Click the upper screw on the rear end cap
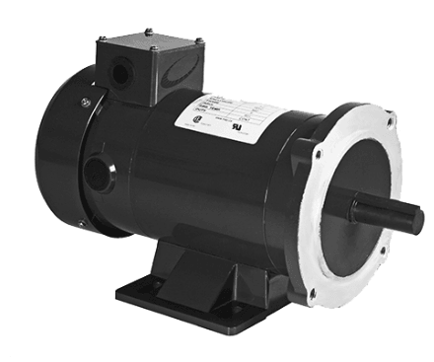[87, 102]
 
